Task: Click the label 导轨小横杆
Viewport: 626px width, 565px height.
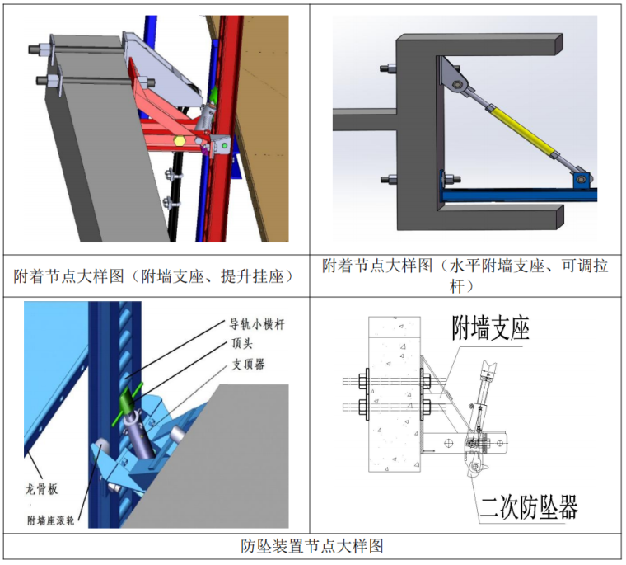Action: [257, 324]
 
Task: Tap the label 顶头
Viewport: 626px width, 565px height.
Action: [242, 343]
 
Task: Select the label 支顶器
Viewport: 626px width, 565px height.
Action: [248, 365]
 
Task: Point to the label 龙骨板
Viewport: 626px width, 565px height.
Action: [42, 489]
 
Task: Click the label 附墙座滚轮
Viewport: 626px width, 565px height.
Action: [51, 520]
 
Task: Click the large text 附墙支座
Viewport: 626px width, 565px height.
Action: [491, 328]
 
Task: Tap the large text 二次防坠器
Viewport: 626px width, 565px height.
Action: [529, 507]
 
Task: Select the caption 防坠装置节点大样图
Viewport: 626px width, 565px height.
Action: [312, 546]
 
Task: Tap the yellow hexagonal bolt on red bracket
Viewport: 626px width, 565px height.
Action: [179, 141]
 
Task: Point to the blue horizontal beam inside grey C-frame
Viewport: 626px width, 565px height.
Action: [518, 195]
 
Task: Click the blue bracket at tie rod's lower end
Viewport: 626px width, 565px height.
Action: [582, 180]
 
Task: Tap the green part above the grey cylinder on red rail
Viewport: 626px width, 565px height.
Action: [213, 95]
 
